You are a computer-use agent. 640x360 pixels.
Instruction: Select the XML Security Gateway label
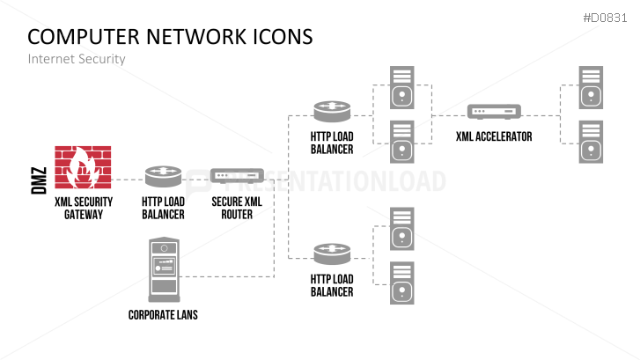tap(83, 208)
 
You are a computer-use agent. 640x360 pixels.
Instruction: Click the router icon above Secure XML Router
tap(237, 176)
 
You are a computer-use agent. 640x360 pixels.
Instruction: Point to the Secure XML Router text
tap(237, 208)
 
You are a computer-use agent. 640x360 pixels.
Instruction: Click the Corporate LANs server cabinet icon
tap(164, 270)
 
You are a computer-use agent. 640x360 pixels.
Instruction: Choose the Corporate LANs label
tap(163, 315)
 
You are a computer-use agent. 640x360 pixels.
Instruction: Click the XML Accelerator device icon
tap(494, 113)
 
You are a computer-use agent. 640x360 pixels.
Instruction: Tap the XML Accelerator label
tap(494, 137)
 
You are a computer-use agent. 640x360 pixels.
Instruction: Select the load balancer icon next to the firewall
tap(163, 176)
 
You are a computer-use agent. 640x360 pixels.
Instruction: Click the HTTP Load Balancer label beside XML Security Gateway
tap(163, 208)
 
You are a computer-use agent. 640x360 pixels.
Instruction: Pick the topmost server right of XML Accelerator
tap(591, 87)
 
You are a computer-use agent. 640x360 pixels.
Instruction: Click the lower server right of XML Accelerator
tap(591, 141)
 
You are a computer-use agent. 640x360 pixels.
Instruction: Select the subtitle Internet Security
tap(77, 59)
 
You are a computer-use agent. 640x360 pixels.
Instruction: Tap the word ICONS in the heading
tap(279, 37)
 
